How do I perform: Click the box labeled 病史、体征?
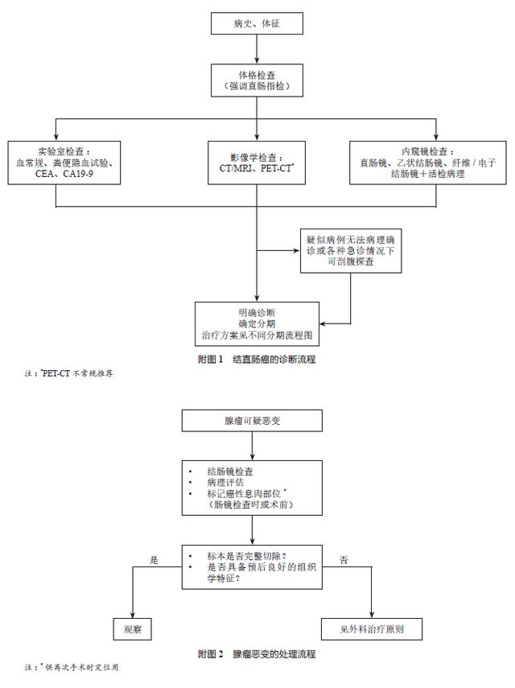tap(257, 24)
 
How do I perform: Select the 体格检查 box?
tap(257, 79)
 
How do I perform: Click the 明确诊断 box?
tap(257, 322)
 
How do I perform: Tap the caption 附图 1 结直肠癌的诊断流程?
tap(257, 360)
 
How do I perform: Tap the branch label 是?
tap(154, 558)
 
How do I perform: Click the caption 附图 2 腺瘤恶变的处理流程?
tap(257, 654)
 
